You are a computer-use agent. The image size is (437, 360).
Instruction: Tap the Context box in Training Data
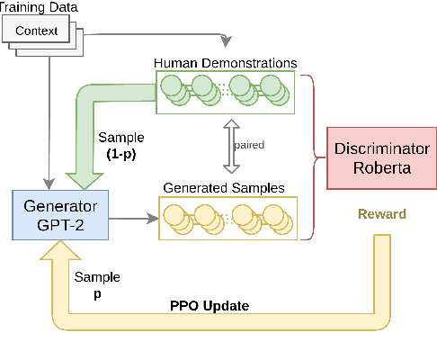(x=37, y=31)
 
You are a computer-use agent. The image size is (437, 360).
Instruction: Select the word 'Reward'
(x=382, y=213)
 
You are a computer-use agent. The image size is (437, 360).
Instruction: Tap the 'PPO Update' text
(x=208, y=305)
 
